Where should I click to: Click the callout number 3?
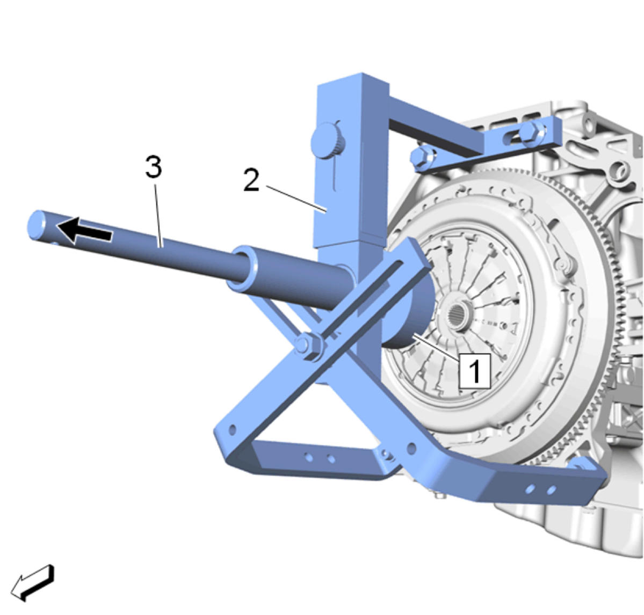(x=154, y=167)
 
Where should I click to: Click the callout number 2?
(x=251, y=180)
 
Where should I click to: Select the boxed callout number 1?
(x=474, y=370)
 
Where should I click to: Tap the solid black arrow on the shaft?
(x=84, y=231)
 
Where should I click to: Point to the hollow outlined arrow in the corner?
(x=32, y=582)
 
